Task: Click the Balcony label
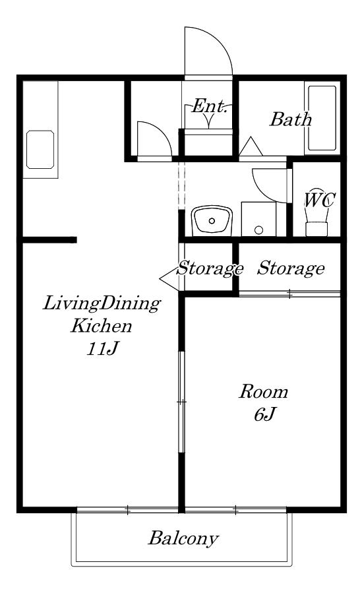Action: pos(183,539)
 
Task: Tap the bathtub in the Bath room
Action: pos(322,118)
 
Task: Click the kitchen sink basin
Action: pos(40,150)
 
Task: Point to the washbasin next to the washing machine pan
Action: pos(212,220)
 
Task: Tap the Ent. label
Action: pos(210,106)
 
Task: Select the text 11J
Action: pos(103,348)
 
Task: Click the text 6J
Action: pos(265,414)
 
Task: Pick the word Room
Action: pos(263,391)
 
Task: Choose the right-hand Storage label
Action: pos(291,268)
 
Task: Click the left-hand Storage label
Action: pos(210,268)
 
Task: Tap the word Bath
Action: pos(290,119)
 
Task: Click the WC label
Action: pos(319,200)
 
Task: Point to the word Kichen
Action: pos(102,326)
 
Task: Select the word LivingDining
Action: pos(102,304)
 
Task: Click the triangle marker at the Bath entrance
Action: pos(251,146)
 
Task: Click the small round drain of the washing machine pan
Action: pos(258,230)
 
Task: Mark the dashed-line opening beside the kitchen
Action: pos(181,185)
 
